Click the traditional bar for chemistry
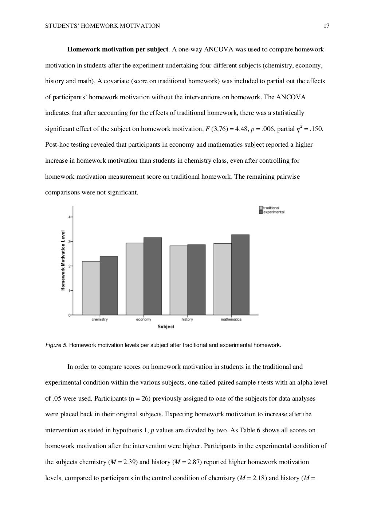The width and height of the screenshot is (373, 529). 91,288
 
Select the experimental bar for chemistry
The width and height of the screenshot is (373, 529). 109,285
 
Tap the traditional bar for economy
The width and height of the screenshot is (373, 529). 135,279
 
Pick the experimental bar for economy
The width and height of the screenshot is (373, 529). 153,276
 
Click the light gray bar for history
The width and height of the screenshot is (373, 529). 178,280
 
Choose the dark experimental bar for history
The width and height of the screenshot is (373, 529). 196,279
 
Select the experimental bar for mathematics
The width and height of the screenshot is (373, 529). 240,274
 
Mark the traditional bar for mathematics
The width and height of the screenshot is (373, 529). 223,279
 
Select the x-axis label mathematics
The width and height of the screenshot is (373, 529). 231,320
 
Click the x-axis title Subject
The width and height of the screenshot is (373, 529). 166,327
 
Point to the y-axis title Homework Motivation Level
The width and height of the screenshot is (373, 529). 63,260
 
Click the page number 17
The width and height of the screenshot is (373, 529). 326,26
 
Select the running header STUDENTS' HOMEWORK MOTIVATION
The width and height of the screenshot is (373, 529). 102,26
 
